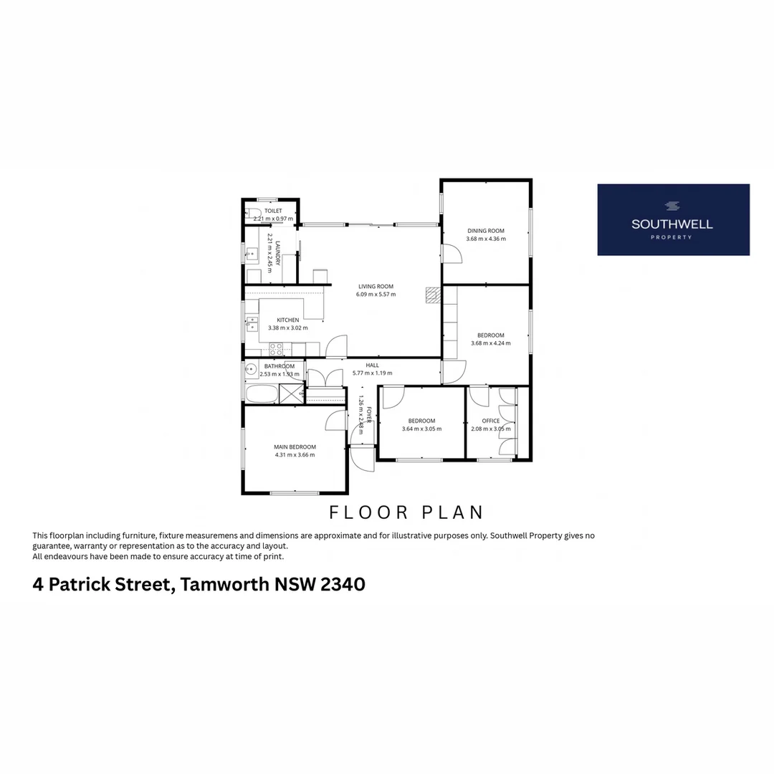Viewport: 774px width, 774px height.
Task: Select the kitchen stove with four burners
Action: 276,349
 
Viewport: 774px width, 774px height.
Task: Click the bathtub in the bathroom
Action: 261,395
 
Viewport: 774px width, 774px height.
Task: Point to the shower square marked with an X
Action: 291,393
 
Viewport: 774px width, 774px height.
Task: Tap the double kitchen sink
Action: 252,324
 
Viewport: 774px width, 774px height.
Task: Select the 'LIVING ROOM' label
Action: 376,287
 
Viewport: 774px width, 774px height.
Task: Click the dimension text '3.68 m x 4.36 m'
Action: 486,239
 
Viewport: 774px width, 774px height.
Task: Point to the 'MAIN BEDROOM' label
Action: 295,447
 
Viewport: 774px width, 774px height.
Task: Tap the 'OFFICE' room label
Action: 491,421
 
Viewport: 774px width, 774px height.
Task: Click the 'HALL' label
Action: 372,365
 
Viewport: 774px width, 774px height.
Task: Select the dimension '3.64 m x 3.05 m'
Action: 421,429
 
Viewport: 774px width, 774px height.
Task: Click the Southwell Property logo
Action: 673,219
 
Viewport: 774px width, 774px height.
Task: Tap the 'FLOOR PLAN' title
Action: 406,512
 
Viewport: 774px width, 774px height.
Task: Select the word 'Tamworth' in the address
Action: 225,585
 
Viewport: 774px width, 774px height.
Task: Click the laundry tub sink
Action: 252,253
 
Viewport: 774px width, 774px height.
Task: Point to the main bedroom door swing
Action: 337,421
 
